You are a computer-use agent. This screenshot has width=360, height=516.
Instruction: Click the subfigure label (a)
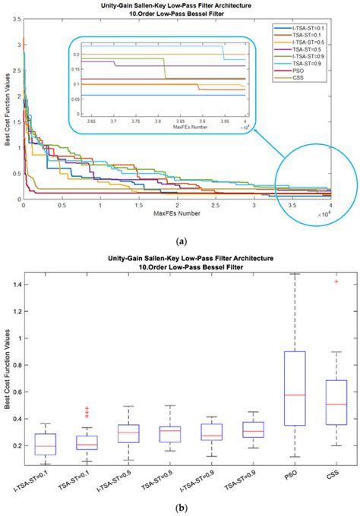pos(181,238)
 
